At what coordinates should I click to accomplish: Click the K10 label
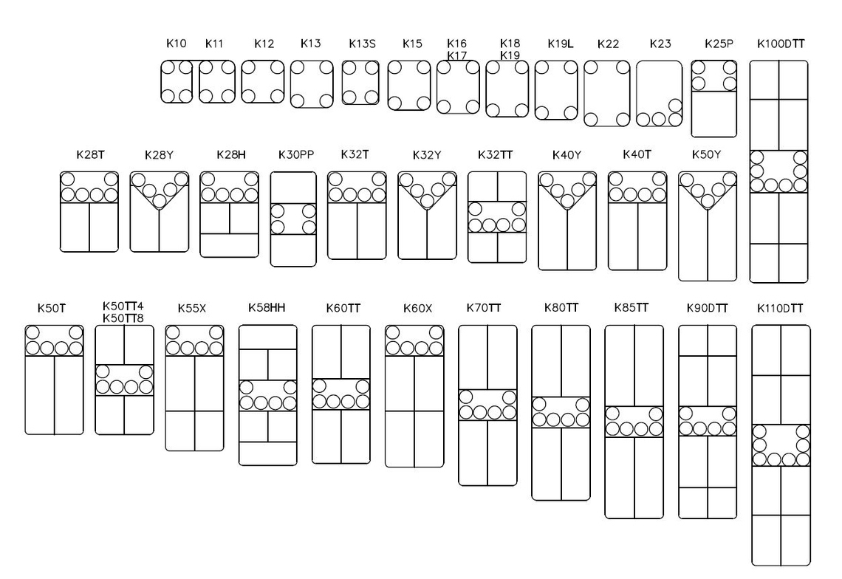176,44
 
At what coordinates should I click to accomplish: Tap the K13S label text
362,44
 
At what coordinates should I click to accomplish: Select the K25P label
719,44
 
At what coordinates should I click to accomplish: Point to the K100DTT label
781,44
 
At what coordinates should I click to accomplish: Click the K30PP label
296,154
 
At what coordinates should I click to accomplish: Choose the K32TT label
495,154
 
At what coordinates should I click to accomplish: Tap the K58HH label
267,308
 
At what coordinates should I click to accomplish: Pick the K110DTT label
780,308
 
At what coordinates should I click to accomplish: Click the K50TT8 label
123,318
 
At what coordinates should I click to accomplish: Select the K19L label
561,44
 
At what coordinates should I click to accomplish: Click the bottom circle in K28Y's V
160,202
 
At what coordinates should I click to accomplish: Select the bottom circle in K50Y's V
708,202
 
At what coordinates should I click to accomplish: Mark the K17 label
457,55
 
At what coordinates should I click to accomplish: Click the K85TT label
631,308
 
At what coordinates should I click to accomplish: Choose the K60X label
418,308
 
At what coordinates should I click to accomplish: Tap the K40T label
637,154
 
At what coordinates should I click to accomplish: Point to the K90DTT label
708,308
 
